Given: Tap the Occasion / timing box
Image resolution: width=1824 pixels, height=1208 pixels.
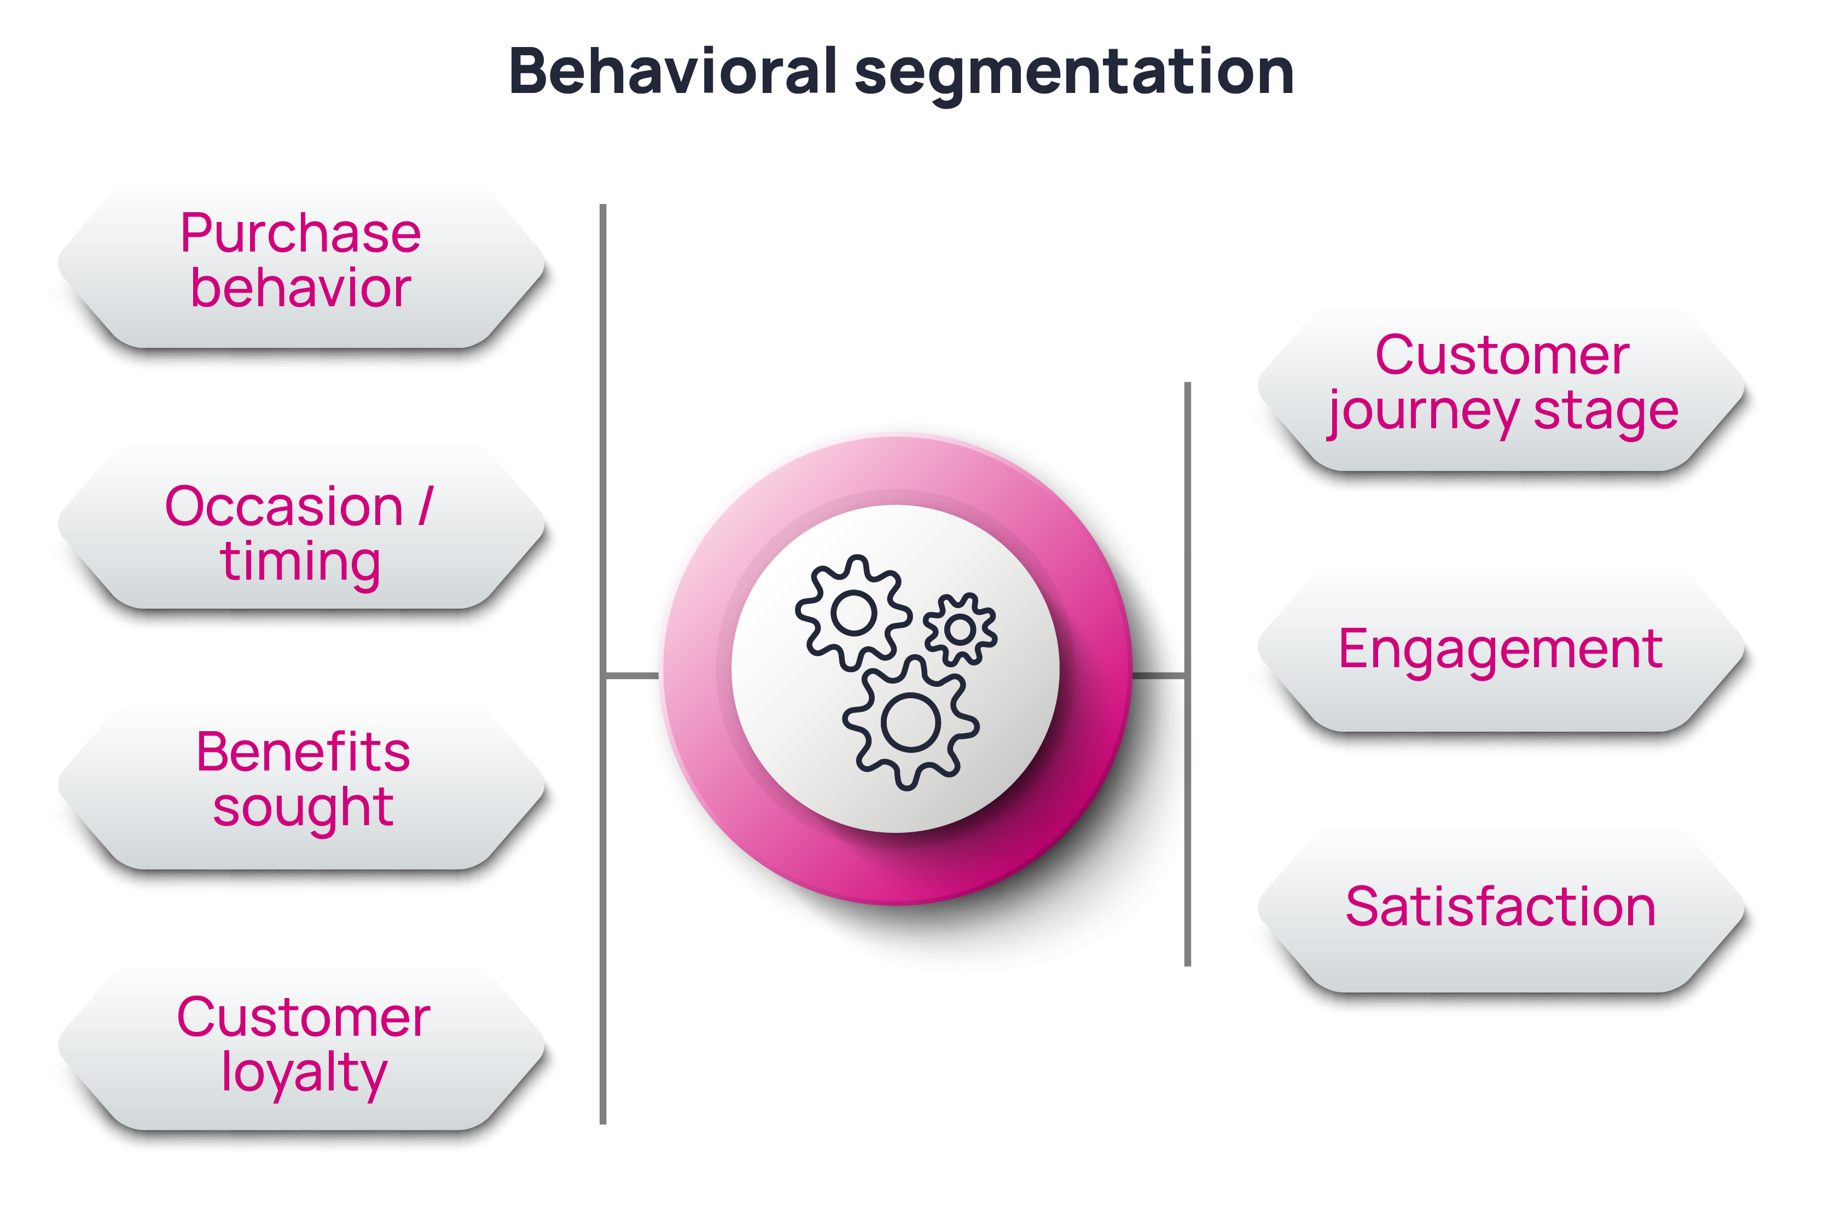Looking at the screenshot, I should [300, 532].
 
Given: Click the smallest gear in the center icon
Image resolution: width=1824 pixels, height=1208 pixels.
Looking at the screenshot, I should [960, 629].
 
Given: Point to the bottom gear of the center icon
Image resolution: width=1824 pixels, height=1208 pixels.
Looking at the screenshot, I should [911, 722].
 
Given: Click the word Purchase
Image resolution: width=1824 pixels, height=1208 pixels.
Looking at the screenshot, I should [300, 234].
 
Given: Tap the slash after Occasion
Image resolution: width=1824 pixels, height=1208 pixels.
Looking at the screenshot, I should [426, 507].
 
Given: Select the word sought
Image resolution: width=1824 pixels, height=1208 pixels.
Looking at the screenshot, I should [303, 809].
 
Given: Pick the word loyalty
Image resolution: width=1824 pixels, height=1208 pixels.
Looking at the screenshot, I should [304, 1073].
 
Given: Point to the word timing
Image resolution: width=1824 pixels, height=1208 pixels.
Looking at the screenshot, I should [300, 562].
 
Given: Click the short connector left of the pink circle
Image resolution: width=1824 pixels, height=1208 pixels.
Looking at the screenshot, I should [632, 676].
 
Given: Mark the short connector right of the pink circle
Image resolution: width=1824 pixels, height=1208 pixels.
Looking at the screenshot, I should [1158, 676].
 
